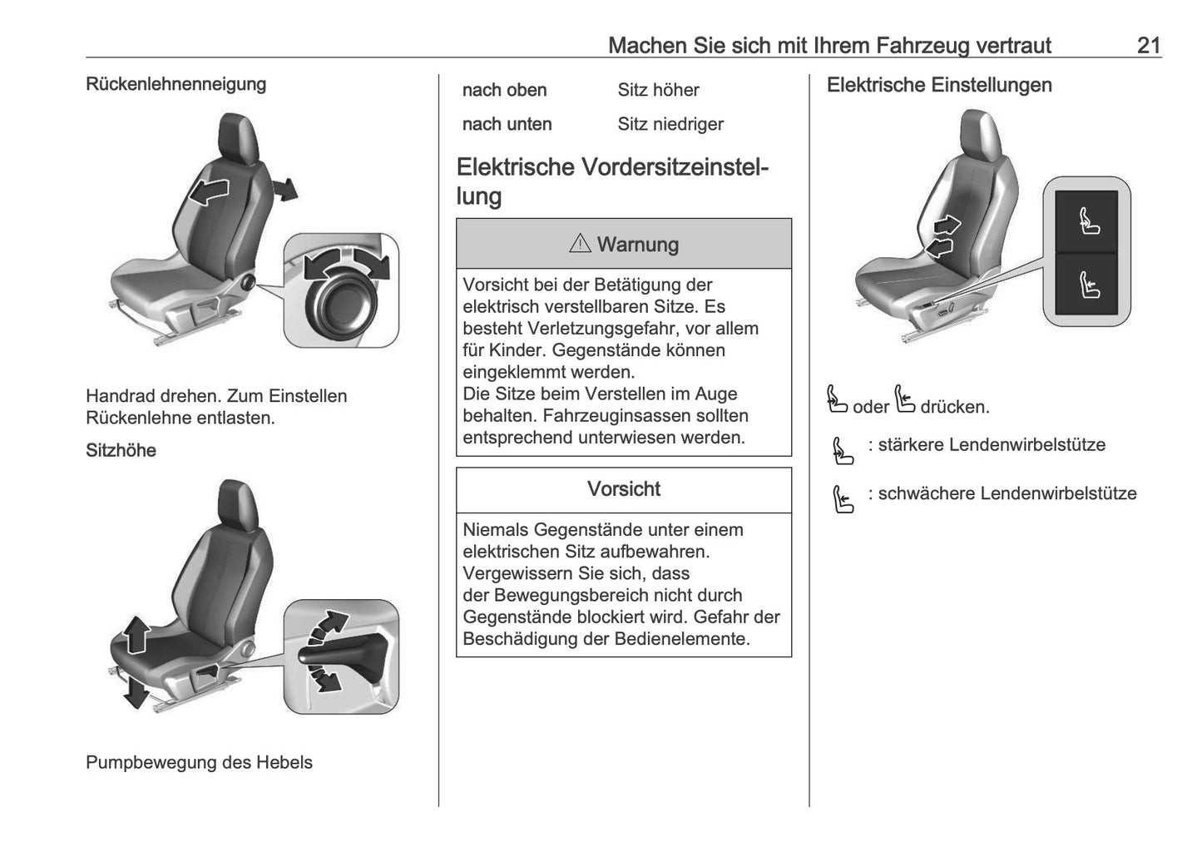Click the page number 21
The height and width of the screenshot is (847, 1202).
[1148, 45]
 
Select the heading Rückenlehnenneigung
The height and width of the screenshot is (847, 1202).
[176, 84]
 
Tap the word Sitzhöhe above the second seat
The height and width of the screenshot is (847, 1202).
[121, 450]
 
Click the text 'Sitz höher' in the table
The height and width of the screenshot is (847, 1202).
[657, 90]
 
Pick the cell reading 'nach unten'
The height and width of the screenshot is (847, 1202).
[507, 124]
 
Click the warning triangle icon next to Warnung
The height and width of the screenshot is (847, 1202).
[579, 244]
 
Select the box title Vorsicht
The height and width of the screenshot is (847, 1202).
[623, 489]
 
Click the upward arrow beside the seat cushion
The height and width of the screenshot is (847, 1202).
[136, 636]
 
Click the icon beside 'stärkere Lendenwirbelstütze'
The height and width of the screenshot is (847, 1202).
[843, 451]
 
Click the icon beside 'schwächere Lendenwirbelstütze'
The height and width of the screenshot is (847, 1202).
[843, 499]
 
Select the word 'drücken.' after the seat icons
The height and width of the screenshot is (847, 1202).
[954, 408]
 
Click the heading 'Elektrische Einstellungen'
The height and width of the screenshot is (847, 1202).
[938, 85]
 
